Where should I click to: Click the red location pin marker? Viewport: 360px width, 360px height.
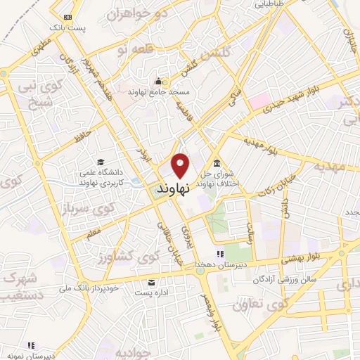181,166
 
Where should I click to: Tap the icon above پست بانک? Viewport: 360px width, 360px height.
67,15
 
